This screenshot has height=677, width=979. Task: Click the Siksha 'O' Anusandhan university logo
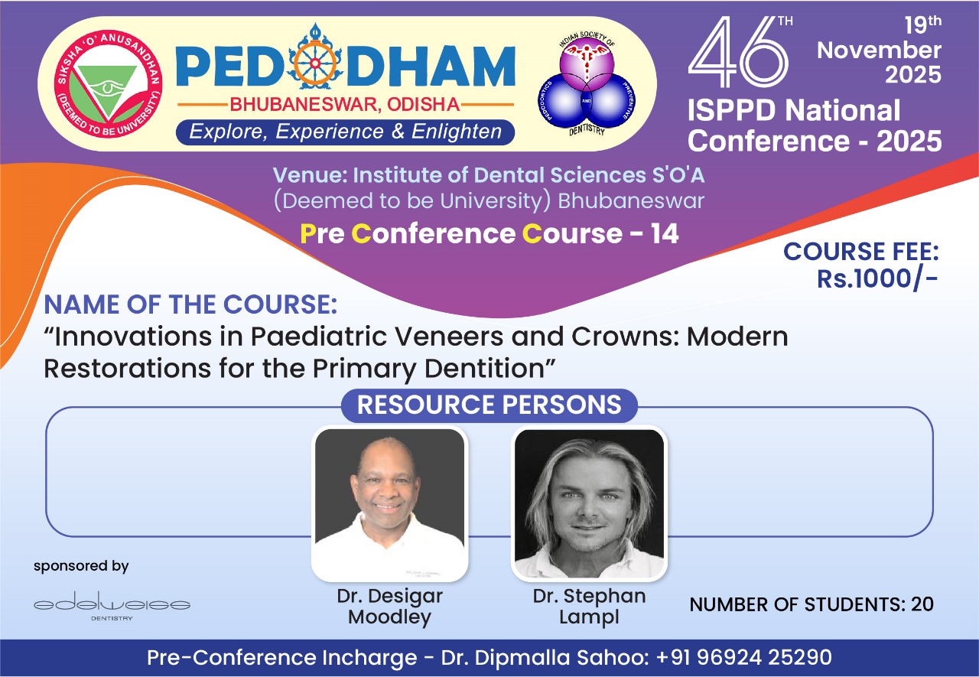pos(108,84)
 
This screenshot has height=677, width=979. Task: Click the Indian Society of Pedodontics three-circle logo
pos(586,83)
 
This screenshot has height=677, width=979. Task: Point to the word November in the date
pos(879,50)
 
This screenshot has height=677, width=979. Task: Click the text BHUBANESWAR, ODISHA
pos(345,105)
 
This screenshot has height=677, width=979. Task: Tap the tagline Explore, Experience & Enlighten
pos(345,132)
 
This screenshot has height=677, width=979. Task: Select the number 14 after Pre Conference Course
pos(665,233)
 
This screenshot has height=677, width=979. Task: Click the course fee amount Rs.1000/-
pos(877,278)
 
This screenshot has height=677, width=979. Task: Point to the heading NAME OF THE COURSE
pos(190,304)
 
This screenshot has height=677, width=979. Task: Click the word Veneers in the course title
pos(450,337)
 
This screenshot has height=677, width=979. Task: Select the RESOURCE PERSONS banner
pos(489,405)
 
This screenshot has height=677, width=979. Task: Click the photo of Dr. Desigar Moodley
pos(389,503)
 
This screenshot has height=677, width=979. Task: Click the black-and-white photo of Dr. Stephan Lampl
pos(589,503)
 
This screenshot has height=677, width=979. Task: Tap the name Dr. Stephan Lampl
pos(589,607)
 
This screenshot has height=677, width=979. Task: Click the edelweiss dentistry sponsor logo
pos(112,606)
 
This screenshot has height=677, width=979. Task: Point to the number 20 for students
pos(922,604)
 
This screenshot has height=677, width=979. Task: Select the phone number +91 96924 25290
pos(744,657)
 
